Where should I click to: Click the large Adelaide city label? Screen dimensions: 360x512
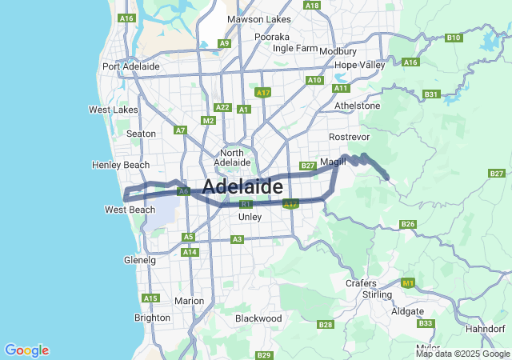coord(242,186)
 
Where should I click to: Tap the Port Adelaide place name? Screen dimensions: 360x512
coord(131,66)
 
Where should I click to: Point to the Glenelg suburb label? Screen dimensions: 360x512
coord(140,260)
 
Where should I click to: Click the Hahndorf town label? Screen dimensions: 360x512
coord(485,329)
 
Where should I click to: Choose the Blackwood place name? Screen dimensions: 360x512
coord(258,318)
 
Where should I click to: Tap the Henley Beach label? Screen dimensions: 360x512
coord(121,165)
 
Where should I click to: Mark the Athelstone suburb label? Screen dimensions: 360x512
coord(356,105)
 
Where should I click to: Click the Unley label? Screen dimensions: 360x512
coord(250,217)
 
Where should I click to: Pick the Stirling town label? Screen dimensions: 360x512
coord(378,294)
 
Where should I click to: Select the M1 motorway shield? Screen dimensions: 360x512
coord(409,283)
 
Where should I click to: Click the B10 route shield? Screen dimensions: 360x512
coord(454,38)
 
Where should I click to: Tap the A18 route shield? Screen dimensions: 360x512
coord(313,6)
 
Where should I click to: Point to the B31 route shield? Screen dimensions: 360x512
coord(432,94)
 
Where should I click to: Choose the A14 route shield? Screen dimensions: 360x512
coord(190,252)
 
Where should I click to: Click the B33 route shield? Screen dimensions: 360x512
coord(426,323)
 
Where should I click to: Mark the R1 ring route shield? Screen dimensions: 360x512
coord(246,204)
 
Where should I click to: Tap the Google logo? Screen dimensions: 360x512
coord(26,350)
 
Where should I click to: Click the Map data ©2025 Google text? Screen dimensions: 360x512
coord(462,354)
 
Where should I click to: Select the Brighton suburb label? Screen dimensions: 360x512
coord(152,318)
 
